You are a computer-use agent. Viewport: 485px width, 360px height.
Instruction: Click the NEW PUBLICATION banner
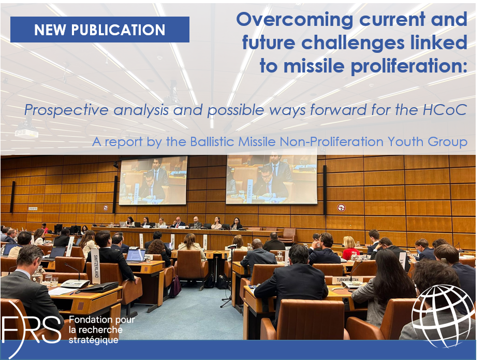[99, 30]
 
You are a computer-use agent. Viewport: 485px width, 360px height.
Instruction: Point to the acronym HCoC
[445, 110]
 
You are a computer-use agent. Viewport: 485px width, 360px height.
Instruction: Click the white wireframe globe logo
[443, 315]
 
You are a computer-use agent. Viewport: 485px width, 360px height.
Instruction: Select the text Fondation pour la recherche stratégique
[102, 329]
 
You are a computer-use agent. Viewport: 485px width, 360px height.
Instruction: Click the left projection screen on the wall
[153, 180]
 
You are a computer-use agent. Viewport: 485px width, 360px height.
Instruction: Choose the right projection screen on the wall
[272, 180]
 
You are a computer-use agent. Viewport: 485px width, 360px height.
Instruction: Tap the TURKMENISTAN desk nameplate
[347, 280]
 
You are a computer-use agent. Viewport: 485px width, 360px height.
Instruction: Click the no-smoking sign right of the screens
[341, 208]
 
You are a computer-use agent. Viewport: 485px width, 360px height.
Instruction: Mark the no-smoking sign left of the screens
[106, 207]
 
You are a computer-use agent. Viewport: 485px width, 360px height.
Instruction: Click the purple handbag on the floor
[175, 286]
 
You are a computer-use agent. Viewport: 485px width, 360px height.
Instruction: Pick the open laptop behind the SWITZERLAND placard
[136, 256]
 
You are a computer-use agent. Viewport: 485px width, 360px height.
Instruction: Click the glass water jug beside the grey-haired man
[38, 275]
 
